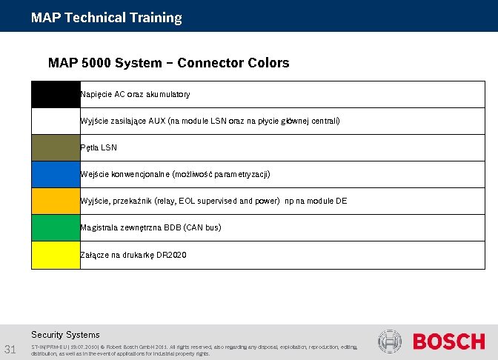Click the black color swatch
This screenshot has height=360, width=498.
56,94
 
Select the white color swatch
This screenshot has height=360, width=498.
56,121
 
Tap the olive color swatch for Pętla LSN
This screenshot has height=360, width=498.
56,147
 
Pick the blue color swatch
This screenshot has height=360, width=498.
56,174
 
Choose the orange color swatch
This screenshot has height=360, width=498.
56,201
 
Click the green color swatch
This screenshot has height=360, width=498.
56,227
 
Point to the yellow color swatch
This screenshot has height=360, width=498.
56,255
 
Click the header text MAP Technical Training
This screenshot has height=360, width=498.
106,17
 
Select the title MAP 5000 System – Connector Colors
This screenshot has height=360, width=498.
168,63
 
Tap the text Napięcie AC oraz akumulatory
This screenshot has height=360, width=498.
135,95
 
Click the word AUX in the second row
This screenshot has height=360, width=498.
157,121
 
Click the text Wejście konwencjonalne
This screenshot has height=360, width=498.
124,175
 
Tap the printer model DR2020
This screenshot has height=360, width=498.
171,255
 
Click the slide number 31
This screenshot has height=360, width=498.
11,349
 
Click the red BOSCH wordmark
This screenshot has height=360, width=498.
448,341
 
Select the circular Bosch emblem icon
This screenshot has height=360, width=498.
390,341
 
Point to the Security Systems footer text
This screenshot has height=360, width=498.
65,335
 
